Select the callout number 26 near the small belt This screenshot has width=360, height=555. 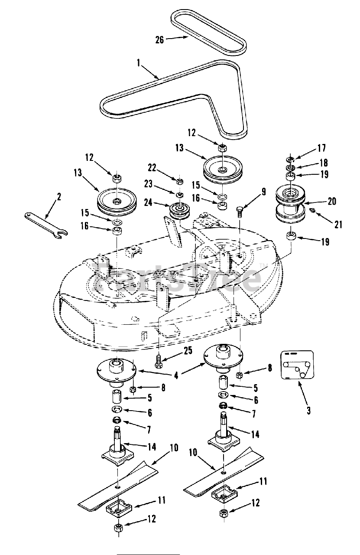(x=159, y=39)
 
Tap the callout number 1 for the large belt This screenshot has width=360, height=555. (x=138, y=63)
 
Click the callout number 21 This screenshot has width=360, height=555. (x=338, y=224)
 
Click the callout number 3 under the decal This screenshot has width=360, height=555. (x=308, y=410)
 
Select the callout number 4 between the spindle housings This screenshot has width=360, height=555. (x=175, y=375)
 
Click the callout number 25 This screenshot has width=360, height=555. (x=187, y=350)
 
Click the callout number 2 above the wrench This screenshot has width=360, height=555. (x=59, y=197)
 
